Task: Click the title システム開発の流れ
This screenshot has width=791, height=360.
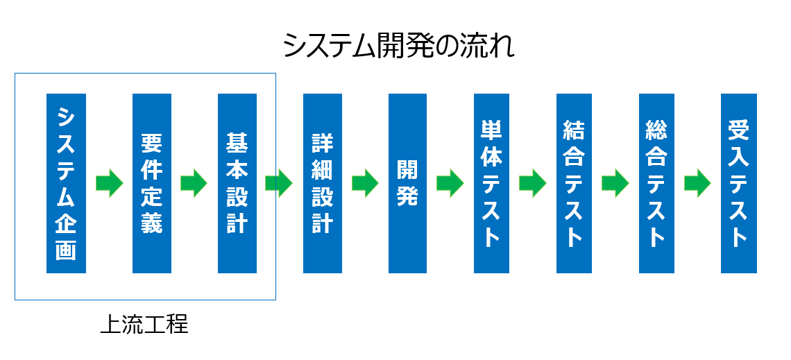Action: point(398,46)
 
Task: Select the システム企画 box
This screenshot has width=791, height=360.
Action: point(66,184)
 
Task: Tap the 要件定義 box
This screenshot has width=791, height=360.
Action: point(152,184)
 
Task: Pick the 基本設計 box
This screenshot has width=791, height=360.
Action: point(237,184)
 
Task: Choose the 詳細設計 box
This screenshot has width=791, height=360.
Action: point(323,184)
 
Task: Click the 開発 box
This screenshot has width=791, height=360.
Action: point(407,184)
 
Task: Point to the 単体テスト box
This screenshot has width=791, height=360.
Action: point(491,184)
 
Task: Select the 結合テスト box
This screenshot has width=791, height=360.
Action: point(574,184)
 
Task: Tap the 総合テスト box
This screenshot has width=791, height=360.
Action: point(656,184)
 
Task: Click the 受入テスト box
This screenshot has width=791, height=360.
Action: point(738,184)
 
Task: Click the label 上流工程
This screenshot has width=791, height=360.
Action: point(144,325)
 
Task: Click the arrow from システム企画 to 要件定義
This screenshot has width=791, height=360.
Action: point(110,183)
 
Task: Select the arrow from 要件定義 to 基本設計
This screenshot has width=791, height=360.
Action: point(194,183)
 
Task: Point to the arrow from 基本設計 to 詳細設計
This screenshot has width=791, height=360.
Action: point(279,183)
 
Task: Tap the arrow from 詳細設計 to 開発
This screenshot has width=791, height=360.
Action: point(365,183)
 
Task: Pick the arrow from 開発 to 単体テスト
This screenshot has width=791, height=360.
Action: point(450,183)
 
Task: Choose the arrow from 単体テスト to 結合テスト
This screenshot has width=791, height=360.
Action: point(533,183)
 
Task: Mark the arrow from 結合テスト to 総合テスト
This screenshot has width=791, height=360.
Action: point(615,183)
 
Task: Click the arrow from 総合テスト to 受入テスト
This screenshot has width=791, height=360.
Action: point(697,183)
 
